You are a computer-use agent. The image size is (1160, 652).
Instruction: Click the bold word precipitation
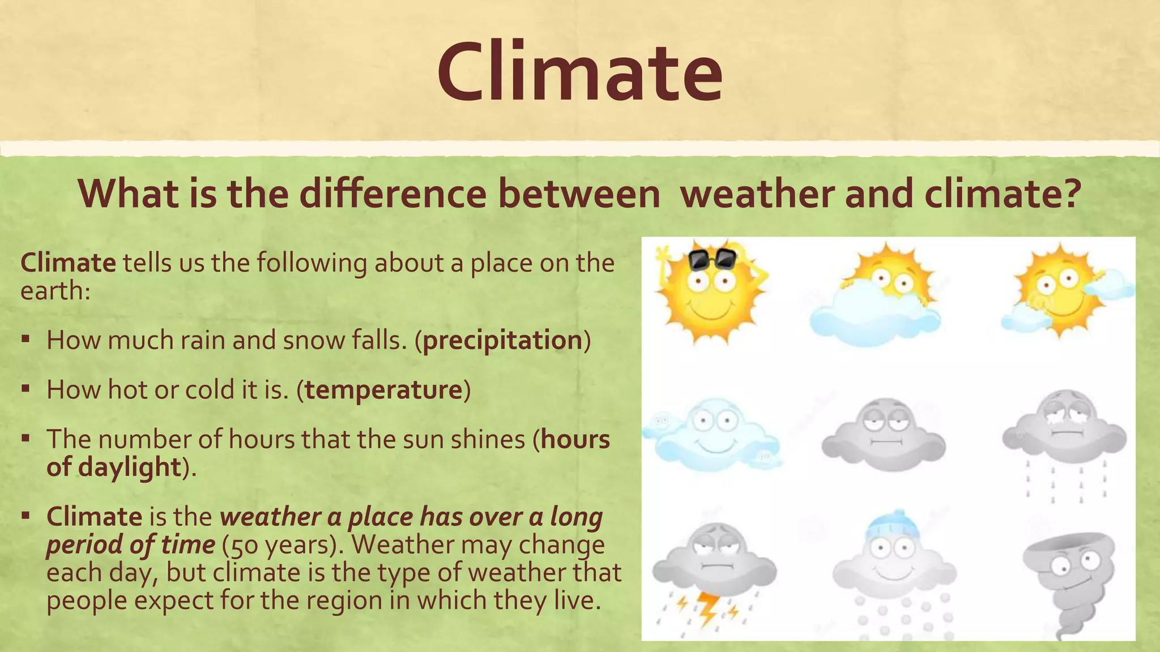(x=502, y=340)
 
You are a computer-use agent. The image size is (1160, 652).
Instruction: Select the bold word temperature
(x=383, y=390)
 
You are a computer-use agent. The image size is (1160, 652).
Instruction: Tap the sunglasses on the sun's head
(x=712, y=259)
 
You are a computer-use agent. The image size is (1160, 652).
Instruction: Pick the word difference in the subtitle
(x=393, y=194)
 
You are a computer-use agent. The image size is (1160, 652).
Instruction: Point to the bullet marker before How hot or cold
(x=25, y=389)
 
